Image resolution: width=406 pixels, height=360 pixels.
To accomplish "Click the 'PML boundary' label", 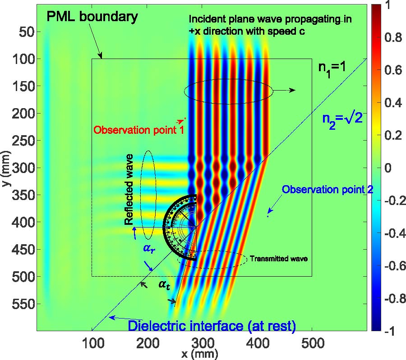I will [92, 18].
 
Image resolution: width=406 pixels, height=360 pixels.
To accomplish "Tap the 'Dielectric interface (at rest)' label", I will [212, 325].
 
